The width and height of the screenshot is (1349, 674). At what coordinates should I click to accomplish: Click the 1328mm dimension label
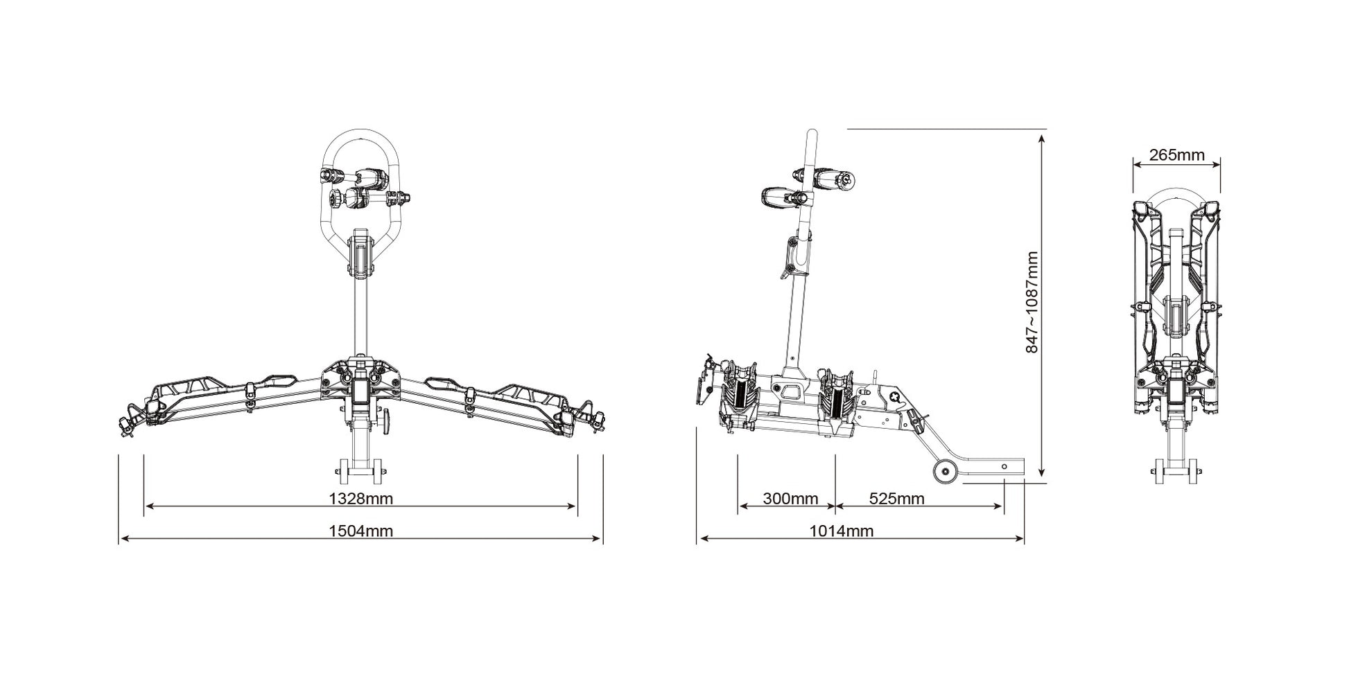[x=360, y=498]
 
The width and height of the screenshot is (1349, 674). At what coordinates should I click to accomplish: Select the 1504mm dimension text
[x=360, y=531]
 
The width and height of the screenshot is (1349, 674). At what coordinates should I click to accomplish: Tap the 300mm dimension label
[x=790, y=498]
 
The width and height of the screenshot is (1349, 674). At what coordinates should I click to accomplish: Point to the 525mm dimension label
[x=896, y=498]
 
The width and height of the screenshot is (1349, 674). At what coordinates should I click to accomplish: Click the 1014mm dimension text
[x=842, y=531]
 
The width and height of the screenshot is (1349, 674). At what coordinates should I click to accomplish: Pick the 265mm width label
[x=1177, y=154]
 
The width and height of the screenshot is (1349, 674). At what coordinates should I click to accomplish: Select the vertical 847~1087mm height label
[x=1032, y=302]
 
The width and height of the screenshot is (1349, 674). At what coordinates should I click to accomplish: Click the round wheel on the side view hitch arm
[x=943, y=472]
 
